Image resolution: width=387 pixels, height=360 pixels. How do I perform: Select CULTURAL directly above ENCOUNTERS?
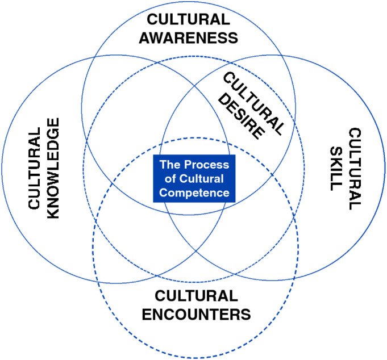pyautogui.click(x=195, y=296)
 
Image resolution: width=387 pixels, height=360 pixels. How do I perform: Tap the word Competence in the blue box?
pyautogui.click(x=195, y=193)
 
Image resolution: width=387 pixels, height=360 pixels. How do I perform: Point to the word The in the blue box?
pyautogui.click(x=169, y=165)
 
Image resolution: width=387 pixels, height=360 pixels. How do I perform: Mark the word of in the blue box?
pyautogui.click(x=173, y=179)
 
